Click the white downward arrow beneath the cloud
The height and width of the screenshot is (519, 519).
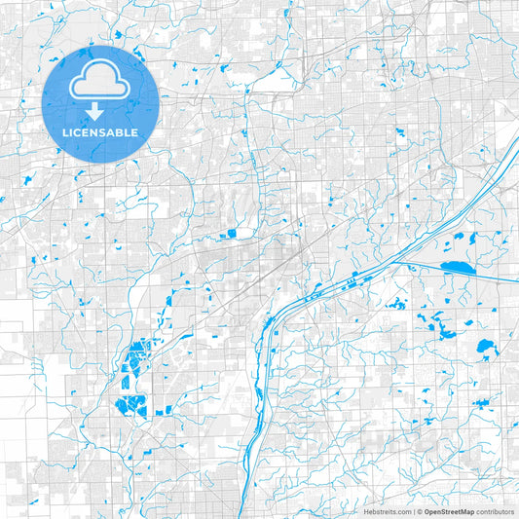(x=100, y=110)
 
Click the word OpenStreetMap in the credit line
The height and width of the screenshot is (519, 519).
(x=449, y=510)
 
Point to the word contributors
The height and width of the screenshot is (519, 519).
(x=495, y=510)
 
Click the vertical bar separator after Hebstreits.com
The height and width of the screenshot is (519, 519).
(x=413, y=510)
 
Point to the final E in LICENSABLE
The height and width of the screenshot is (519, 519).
(x=135, y=131)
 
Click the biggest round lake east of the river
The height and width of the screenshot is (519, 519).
(x=484, y=345)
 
